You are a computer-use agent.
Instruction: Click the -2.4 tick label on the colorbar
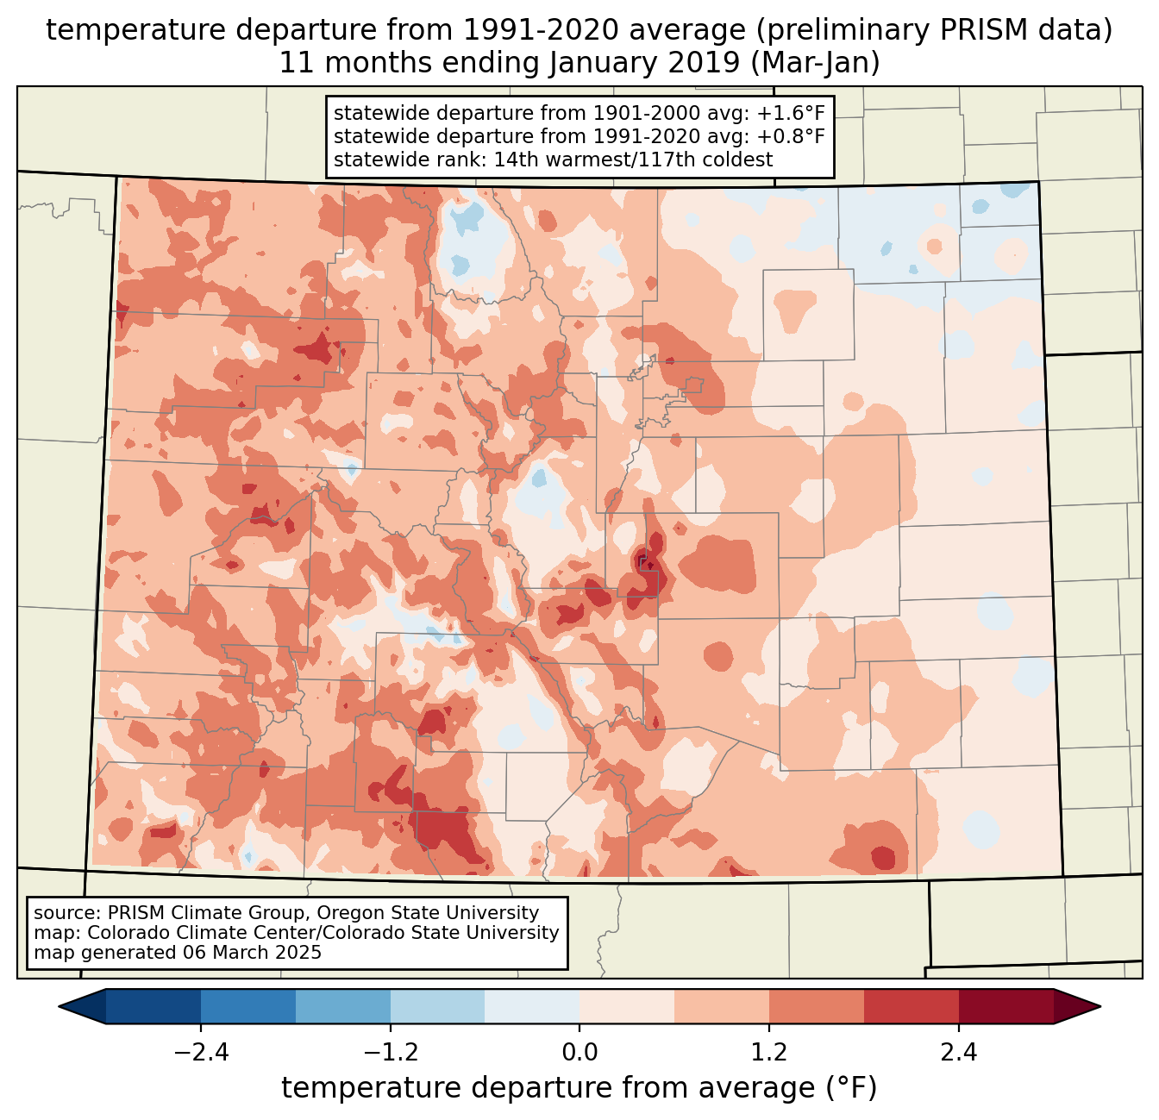coord(201,1053)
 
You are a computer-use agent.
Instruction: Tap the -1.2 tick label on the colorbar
coord(390,1053)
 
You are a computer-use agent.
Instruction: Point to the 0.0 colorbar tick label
coord(579,1053)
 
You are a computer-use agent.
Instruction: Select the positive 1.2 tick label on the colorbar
coord(769,1053)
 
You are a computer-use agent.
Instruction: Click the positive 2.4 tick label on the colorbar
coord(958,1053)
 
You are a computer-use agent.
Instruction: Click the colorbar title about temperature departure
coord(579,1088)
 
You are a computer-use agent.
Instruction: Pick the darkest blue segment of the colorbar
coord(153,1006)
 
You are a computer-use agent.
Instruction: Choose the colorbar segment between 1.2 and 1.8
coord(817,1006)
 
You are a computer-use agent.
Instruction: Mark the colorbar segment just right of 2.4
coord(1006,1006)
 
